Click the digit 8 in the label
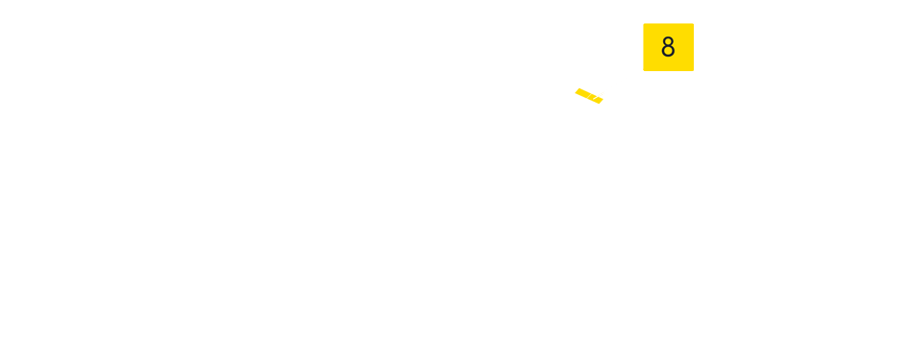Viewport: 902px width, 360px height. point(668,47)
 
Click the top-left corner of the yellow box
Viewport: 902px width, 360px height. point(644,24)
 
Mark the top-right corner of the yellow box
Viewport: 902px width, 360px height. point(693,24)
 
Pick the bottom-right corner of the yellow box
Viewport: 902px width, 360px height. point(693,70)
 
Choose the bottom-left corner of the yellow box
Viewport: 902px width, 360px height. point(644,70)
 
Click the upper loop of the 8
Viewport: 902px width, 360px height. point(668,41)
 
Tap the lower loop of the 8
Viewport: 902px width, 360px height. point(668,53)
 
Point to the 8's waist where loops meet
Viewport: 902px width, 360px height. point(668,47)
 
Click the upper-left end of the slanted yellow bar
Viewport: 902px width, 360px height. point(578,90)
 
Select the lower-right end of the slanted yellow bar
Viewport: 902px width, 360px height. point(601,101)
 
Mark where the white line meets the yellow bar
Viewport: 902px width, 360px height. point(597,95)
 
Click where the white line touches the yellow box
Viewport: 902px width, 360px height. point(644,68)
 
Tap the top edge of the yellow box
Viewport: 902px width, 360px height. point(668,25)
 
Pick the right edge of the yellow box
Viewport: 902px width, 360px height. point(693,47)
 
